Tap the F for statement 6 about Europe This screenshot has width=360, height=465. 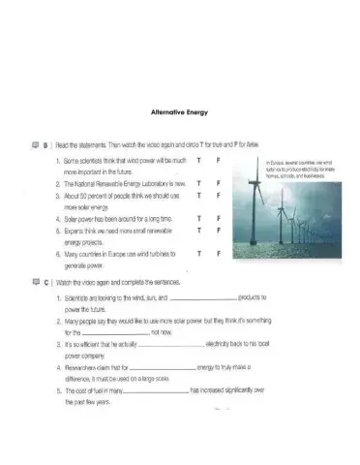(219, 254)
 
